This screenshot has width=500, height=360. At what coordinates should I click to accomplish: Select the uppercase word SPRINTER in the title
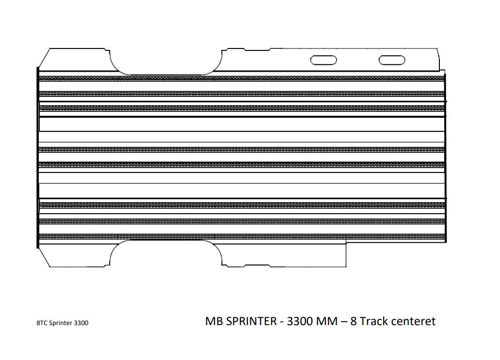coord(251,321)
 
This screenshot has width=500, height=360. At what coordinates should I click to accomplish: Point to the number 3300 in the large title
coord(300,321)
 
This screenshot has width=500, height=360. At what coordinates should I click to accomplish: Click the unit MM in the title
coord(327,321)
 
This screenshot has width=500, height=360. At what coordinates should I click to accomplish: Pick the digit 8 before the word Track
coord(354,321)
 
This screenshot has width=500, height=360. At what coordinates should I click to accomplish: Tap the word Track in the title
coord(373,321)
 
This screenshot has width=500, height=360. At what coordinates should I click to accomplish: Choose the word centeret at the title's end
coord(413,321)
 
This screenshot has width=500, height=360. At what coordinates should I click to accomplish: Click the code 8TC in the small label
coord(42,323)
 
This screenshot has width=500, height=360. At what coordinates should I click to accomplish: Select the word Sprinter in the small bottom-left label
coord(60,323)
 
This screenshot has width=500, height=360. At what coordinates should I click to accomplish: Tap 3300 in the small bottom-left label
coord(81,323)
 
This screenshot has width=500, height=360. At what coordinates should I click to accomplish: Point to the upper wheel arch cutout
coord(166,74)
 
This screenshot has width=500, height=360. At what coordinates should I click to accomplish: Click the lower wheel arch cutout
coord(166,241)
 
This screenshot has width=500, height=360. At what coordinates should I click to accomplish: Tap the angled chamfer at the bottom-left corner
coord(44,257)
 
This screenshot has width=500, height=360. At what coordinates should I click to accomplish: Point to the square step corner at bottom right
coord(346,244)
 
